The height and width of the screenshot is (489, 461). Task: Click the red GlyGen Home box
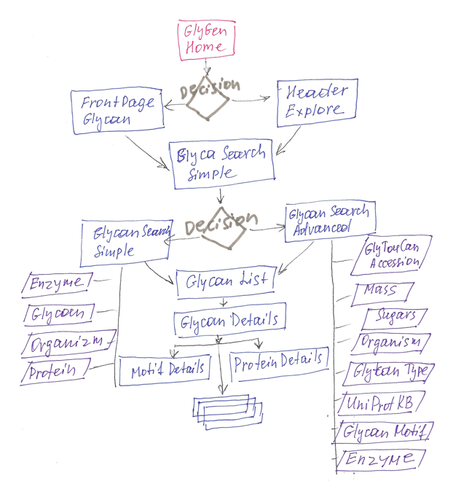click(205, 39)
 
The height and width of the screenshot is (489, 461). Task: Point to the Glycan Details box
click(226, 320)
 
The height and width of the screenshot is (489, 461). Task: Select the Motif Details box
click(166, 368)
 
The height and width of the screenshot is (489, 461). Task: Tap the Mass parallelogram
click(380, 292)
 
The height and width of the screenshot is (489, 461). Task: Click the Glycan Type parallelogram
click(392, 372)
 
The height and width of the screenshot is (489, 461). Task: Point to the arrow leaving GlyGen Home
click(206, 65)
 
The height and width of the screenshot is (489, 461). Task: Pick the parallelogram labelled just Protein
click(55, 372)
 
